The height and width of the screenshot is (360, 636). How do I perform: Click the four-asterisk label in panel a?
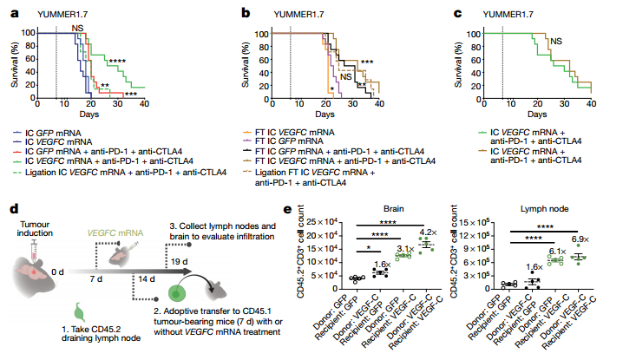point(116,61)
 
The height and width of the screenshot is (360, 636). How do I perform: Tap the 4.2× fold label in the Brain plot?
point(429,232)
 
